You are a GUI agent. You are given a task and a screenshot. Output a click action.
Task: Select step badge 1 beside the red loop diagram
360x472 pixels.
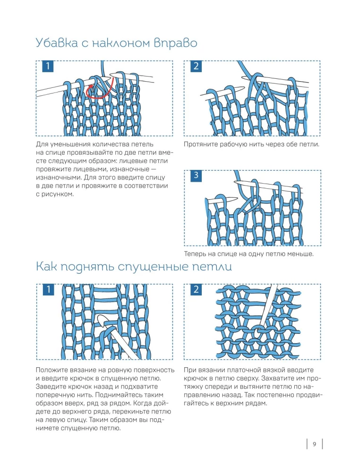(48, 67)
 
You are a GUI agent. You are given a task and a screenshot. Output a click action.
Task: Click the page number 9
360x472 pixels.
(314, 444)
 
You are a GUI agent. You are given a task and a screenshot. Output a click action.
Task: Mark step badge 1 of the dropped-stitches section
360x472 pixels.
(48, 290)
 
